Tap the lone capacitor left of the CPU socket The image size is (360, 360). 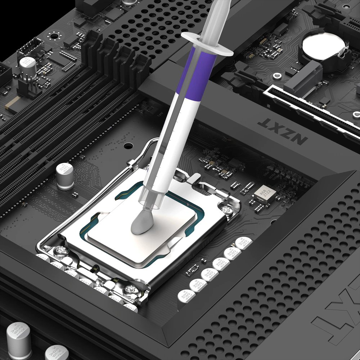click(65, 176)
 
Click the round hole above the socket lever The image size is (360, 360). click(128, 146)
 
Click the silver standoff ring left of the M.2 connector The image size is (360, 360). click(277, 76)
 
